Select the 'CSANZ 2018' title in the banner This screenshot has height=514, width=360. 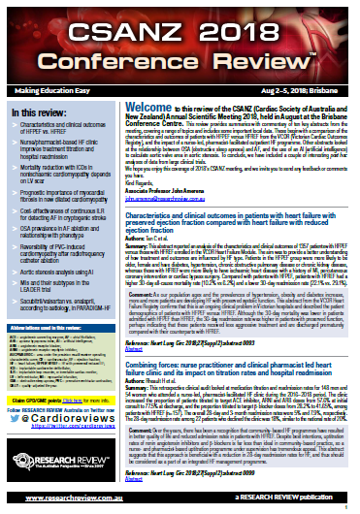click(180, 21)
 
